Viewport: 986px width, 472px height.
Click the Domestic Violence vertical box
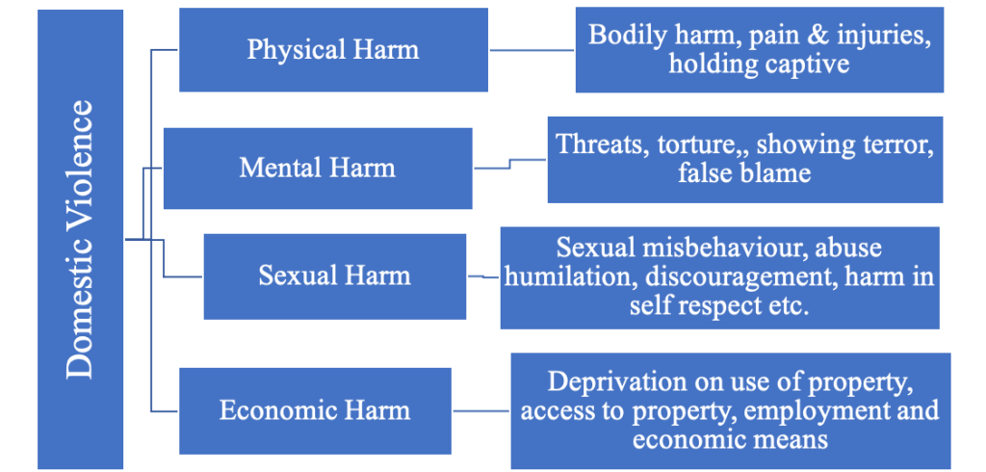(x=81, y=239)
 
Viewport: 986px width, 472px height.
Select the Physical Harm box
(x=333, y=50)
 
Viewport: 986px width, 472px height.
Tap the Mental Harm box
(x=317, y=168)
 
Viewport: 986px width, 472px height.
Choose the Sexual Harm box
(x=334, y=275)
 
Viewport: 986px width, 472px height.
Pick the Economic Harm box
(x=315, y=410)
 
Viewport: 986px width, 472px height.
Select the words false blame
(x=744, y=174)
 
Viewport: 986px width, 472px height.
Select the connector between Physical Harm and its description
(x=532, y=49)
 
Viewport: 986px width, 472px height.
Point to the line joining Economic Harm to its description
(x=480, y=411)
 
